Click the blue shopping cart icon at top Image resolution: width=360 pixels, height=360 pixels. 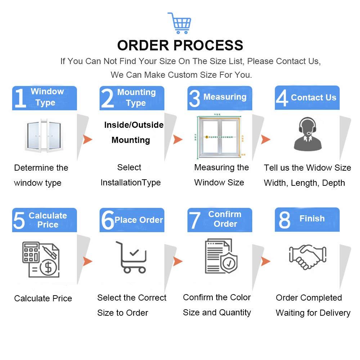[180, 23]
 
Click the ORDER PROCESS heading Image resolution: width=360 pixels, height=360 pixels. [180, 45]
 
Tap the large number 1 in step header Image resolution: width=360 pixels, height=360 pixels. [20, 98]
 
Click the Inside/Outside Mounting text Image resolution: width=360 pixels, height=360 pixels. [134, 132]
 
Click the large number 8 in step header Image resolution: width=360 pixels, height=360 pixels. [284, 220]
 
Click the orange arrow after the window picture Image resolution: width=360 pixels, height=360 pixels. [87, 139]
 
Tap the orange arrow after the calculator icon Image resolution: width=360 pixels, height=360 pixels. [87, 261]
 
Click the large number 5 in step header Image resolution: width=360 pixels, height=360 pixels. [19, 220]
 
